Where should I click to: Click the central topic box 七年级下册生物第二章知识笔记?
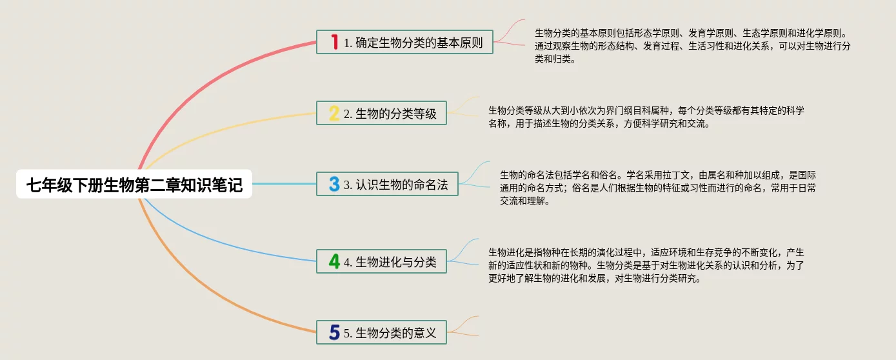click(x=134, y=184)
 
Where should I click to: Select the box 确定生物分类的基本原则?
click(x=404, y=42)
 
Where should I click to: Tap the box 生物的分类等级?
click(x=381, y=113)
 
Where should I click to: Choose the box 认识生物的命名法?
click(x=387, y=184)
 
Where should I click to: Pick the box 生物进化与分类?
click(x=381, y=261)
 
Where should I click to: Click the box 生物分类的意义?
click(x=381, y=332)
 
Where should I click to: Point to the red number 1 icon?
click(x=334, y=42)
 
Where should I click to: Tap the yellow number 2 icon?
click(x=334, y=113)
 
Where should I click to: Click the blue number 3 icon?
click(x=334, y=184)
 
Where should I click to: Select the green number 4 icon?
click(x=334, y=261)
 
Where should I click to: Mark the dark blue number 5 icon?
click(x=334, y=332)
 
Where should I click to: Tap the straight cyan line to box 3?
click(x=284, y=184)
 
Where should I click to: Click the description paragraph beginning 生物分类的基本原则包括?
click(x=692, y=46)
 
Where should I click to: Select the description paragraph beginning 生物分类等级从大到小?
click(x=646, y=117)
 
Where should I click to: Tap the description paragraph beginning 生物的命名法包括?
click(x=657, y=188)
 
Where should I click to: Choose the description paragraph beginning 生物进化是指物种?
click(x=646, y=265)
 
